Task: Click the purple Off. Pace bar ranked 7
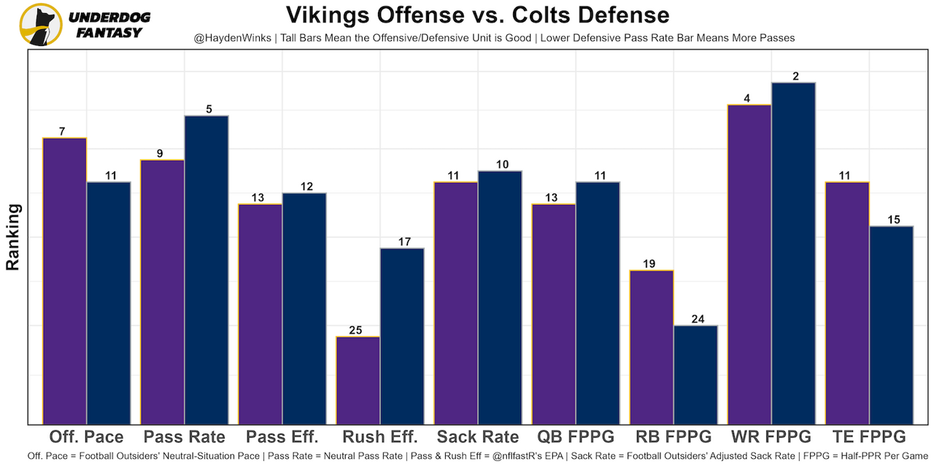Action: (64, 280)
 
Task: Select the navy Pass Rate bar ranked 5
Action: (207, 269)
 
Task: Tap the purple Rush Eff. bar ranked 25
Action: (358, 379)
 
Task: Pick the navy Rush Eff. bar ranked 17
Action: (402, 336)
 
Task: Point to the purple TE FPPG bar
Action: (847, 302)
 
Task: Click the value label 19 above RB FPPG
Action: (651, 263)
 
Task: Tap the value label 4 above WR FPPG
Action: (747, 98)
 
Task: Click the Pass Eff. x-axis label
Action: (282, 437)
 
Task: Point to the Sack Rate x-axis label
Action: (478, 437)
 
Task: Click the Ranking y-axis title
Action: (13, 237)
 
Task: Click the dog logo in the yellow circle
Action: (39, 25)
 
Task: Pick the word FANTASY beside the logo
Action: (109, 33)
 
